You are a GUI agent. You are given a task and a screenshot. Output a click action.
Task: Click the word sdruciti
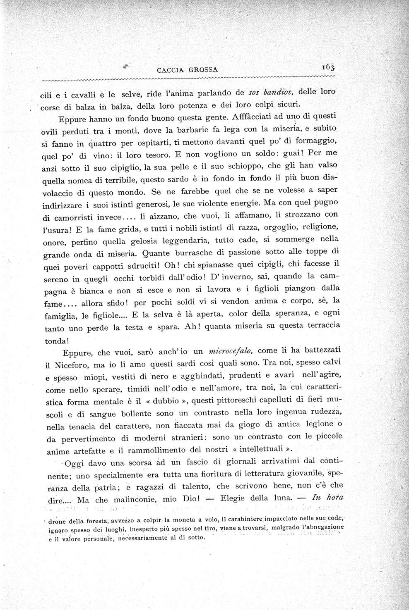tap(140, 266)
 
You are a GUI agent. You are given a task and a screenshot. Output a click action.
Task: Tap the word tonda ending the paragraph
tap(56, 341)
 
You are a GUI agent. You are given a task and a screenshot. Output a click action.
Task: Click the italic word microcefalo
tap(232, 351)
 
